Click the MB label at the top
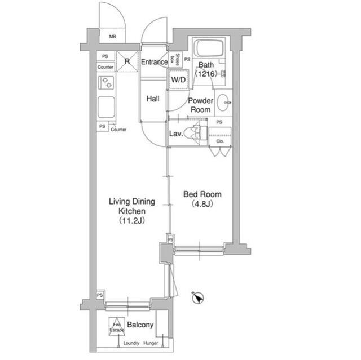coord(112,37)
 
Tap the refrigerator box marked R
coord(127,61)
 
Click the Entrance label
coord(154,62)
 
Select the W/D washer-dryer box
coord(178,80)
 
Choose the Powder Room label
coord(200,105)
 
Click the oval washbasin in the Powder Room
coord(224,103)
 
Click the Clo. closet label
coord(219,141)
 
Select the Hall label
coord(153,99)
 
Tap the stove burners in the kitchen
coord(106,83)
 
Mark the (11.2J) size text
coord(132,221)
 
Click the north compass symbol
coord(197,297)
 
